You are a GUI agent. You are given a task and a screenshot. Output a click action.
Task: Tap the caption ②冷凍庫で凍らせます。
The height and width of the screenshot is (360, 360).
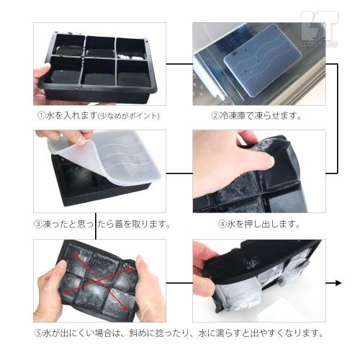(x=256, y=115)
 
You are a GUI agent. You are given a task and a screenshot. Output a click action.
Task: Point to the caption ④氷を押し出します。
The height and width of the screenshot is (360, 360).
(x=259, y=224)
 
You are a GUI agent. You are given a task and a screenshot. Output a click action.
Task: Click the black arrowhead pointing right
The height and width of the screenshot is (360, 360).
(x=336, y=283)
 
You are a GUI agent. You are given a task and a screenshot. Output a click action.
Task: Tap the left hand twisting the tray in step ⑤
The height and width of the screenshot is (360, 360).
(x=50, y=288)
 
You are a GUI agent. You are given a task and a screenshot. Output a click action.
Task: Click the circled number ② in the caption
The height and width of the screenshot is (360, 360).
(x=215, y=115)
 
